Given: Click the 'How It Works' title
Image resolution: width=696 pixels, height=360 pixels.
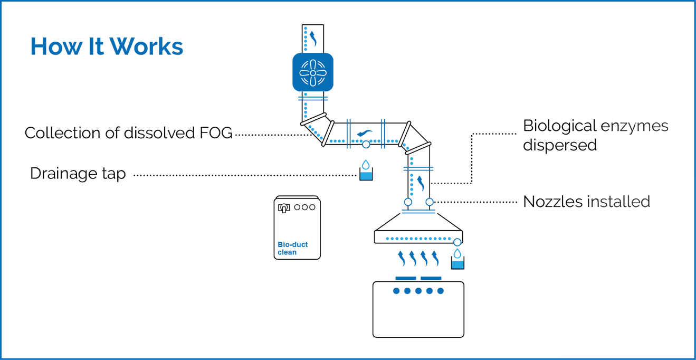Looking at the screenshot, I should click(x=107, y=46).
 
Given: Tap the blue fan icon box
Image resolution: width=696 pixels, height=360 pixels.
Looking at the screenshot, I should click(x=313, y=72).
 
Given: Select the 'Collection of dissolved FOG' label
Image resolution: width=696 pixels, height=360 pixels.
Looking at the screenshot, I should click(x=129, y=133).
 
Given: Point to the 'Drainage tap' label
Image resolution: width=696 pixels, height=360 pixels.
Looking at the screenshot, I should click(x=78, y=174).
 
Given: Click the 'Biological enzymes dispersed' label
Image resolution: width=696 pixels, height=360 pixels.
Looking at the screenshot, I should click(x=595, y=135).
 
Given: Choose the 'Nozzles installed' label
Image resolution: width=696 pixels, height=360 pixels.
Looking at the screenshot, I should click(x=586, y=202).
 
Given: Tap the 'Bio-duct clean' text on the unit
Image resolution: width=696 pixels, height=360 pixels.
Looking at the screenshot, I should click(x=292, y=249).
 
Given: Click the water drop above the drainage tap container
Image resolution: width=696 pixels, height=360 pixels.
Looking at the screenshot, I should click(x=366, y=164).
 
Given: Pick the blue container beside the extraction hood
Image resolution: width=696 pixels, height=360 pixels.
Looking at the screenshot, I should click(x=457, y=263).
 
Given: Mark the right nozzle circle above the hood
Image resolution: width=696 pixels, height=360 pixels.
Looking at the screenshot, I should click(x=430, y=202).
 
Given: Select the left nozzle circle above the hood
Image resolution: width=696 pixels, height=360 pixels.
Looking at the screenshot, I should click(x=408, y=202).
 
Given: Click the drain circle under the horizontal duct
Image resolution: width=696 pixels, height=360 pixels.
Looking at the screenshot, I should click(x=366, y=144).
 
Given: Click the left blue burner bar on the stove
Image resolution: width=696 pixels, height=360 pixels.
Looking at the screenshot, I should click(x=406, y=278).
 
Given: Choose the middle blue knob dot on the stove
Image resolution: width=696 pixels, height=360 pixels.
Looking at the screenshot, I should click(x=418, y=291).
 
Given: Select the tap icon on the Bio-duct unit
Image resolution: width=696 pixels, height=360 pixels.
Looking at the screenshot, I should click(x=284, y=207).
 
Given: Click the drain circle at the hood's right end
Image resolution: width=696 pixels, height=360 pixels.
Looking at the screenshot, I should click(x=457, y=242).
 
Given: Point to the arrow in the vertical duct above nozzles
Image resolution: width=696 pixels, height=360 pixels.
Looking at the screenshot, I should click(x=421, y=183).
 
